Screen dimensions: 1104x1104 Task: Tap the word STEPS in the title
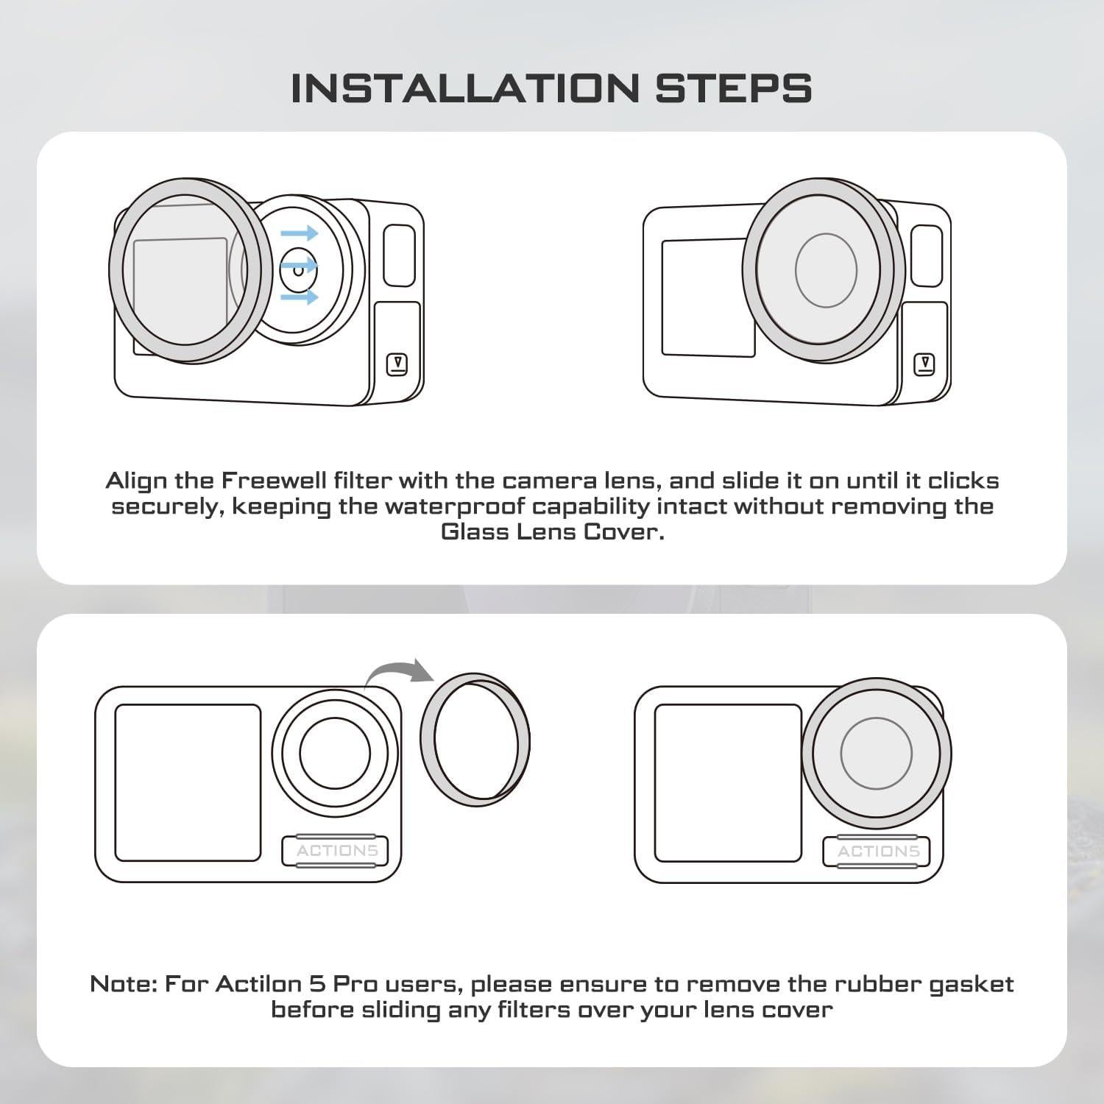point(733,88)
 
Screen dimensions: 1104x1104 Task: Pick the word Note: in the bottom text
point(123,984)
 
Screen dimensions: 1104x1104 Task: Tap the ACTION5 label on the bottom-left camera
point(336,852)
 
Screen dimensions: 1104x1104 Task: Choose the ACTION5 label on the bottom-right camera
point(878,852)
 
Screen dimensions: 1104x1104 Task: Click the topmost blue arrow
point(300,234)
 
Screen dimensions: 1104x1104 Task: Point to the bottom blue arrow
point(300,297)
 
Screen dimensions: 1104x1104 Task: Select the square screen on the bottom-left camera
point(188,782)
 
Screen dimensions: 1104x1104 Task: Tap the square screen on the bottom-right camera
point(727,782)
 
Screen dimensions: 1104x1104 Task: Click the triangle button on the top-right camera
point(924,364)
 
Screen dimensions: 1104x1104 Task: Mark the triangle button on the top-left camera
point(397,364)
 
